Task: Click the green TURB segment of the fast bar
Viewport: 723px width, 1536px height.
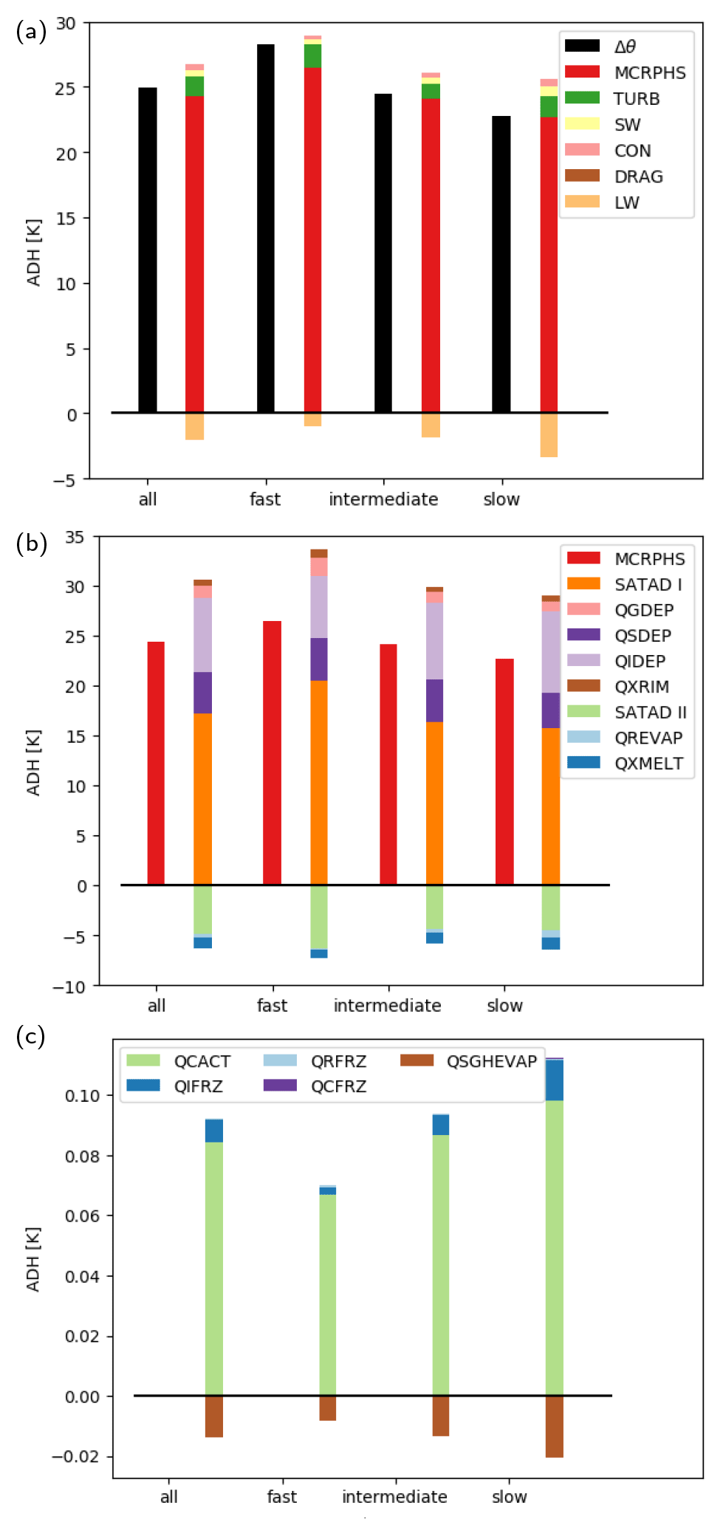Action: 312,55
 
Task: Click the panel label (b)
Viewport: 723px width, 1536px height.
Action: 31,544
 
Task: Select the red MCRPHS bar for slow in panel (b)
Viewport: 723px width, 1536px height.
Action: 504,771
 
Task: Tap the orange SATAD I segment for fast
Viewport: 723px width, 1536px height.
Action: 319,782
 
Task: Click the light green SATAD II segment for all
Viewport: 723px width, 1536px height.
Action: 202,909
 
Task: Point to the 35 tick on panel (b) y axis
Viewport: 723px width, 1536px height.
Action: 75,537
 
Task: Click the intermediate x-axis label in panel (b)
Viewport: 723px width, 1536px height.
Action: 387,1005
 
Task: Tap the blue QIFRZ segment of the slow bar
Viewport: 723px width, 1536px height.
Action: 554,1080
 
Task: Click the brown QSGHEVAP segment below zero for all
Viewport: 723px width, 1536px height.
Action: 214,1416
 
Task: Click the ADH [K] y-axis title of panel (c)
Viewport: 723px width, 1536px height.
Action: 33,1259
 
